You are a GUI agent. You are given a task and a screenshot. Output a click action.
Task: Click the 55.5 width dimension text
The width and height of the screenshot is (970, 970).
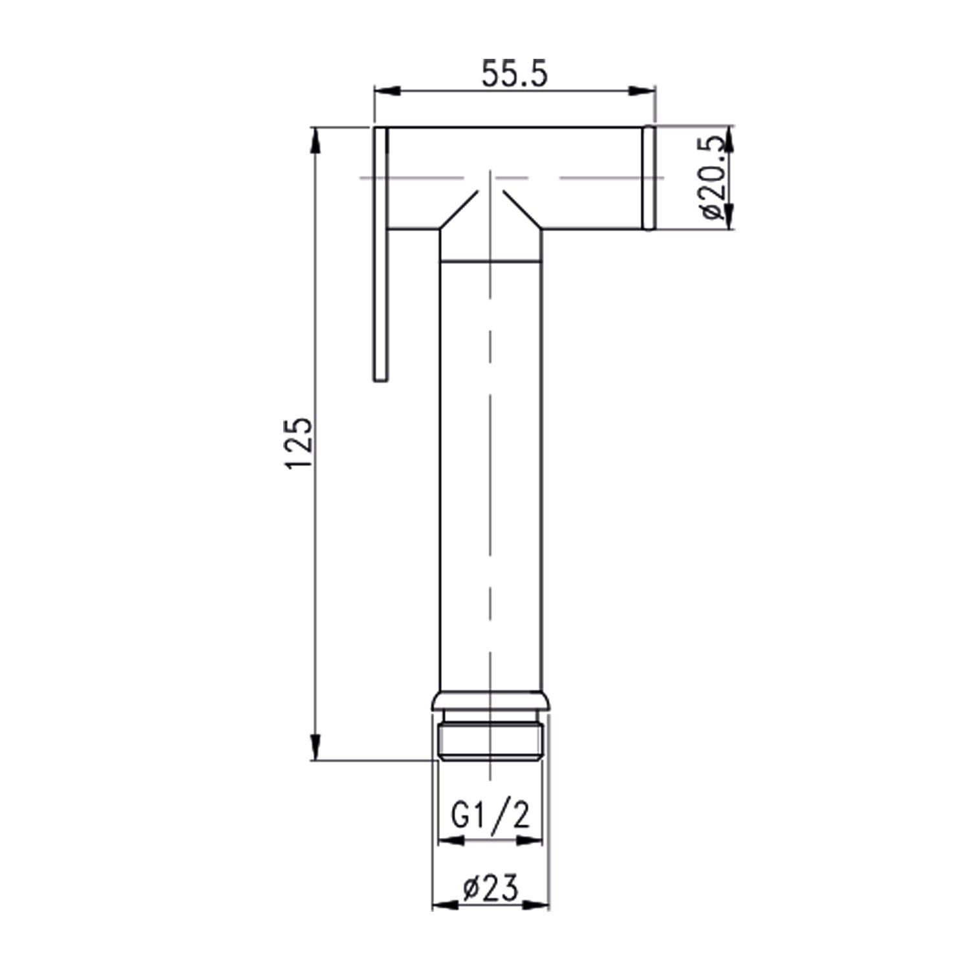[x=515, y=75]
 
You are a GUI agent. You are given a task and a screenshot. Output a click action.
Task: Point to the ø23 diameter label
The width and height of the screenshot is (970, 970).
[x=491, y=889]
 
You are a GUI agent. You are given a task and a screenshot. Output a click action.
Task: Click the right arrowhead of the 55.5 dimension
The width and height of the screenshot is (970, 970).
[x=643, y=91]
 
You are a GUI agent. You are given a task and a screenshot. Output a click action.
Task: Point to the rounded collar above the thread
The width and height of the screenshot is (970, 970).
[x=491, y=702]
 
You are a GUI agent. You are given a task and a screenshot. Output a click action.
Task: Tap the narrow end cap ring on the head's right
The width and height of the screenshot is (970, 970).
[x=649, y=177]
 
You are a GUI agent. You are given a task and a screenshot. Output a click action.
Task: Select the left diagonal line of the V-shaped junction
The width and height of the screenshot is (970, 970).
[x=459, y=210]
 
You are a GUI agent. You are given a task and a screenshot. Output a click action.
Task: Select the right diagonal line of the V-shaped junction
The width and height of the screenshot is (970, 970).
[x=522, y=210]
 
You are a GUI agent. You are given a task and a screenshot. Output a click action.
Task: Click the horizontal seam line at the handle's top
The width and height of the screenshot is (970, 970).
[x=491, y=261]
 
